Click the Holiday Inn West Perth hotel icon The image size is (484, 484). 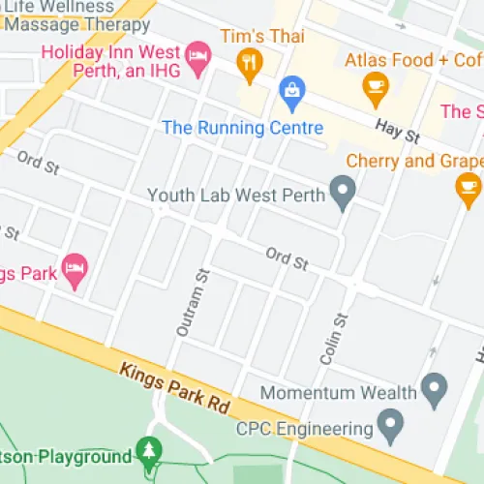pyautogui.click(x=197, y=55)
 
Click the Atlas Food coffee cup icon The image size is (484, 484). pyautogui.click(x=374, y=91)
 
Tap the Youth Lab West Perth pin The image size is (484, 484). pyautogui.click(x=342, y=194)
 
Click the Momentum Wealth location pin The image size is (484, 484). pyautogui.click(x=435, y=391)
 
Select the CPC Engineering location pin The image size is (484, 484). pyautogui.click(x=390, y=424)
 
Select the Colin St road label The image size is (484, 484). pyautogui.click(x=339, y=340)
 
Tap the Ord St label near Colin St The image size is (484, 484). pyautogui.click(x=287, y=258)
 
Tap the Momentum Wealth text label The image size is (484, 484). pyautogui.click(x=339, y=393)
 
